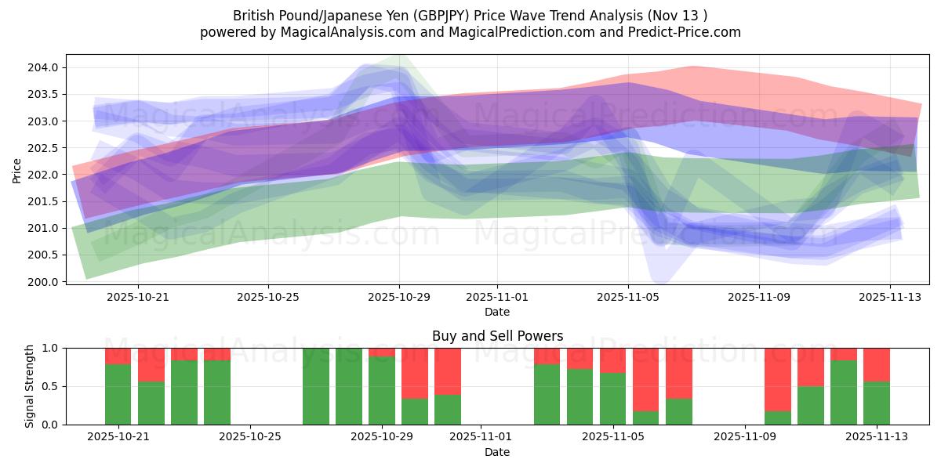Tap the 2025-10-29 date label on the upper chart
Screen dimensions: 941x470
pyautogui.click(x=399, y=298)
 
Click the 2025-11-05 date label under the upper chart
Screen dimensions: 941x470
pyautogui.click(x=627, y=298)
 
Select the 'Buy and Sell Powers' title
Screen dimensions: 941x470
pyautogui.click(x=497, y=336)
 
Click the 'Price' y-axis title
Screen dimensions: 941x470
pyautogui.click(x=17, y=170)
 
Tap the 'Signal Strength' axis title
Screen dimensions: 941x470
pyautogui.click(x=29, y=386)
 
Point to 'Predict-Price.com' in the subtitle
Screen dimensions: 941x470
pyautogui.click(x=681, y=32)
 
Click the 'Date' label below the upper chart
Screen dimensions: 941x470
pyautogui.click(x=497, y=312)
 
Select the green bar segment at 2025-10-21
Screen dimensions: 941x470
pyautogui.click(x=118, y=394)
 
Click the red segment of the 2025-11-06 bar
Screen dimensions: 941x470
pyautogui.click(x=646, y=379)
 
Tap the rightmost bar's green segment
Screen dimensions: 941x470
pyautogui.click(x=877, y=403)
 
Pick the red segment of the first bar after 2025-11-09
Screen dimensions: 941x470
pyautogui.click(x=778, y=379)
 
